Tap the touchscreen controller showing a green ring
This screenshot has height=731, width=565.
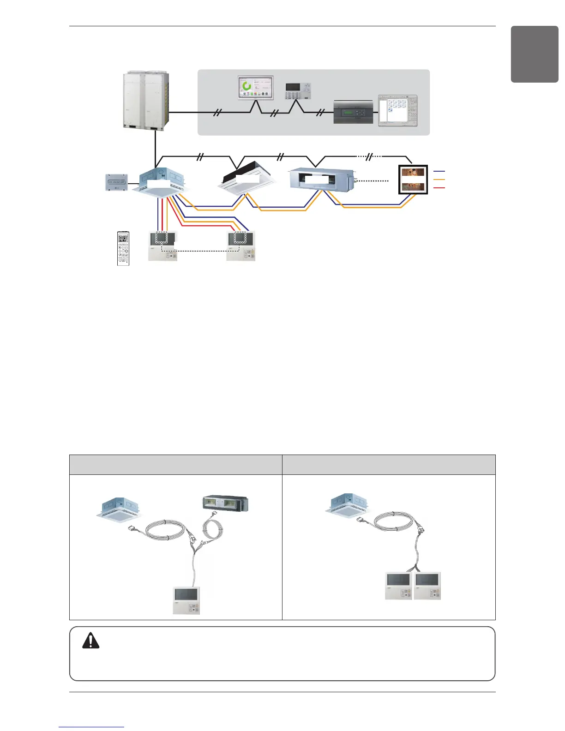[255, 88]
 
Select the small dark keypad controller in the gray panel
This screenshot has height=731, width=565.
[298, 91]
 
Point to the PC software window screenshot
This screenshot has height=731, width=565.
[397, 110]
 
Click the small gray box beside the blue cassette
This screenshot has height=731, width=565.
[117, 182]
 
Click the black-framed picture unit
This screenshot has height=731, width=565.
[413, 179]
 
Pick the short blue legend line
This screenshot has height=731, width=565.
[439, 171]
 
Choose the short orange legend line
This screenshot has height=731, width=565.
[439, 179]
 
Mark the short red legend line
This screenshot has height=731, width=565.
[439, 187]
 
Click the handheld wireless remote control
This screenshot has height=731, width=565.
[123, 248]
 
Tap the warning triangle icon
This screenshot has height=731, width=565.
[91, 641]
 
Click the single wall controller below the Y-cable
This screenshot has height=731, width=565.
[186, 600]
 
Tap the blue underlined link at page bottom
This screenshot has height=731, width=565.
[91, 727]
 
